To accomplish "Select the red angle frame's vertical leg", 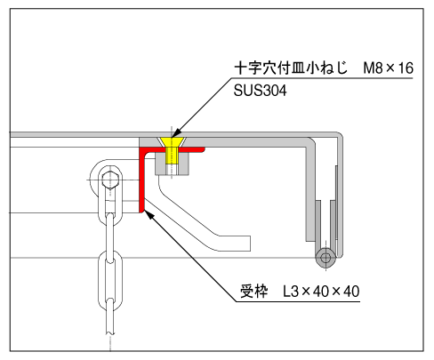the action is [141, 180].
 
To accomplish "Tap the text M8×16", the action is [388, 68].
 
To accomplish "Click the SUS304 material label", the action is [260, 91].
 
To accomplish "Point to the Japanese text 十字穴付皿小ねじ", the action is [291, 68].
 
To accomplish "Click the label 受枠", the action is [253, 292].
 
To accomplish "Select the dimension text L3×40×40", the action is [321, 292].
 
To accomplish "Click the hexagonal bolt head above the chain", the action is [110, 180].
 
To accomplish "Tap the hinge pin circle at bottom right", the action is [325, 257].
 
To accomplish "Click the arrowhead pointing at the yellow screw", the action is [176, 133].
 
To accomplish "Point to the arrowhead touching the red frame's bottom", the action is [149, 214].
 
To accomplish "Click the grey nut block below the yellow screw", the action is [172, 164].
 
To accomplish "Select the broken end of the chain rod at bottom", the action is [109, 333].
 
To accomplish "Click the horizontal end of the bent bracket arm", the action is [236, 244].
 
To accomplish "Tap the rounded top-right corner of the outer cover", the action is [339, 136].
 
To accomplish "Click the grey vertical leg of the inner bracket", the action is [311, 189].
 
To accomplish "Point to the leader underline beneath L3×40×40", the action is [298, 301].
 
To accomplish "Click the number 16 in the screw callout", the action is [406, 68].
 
